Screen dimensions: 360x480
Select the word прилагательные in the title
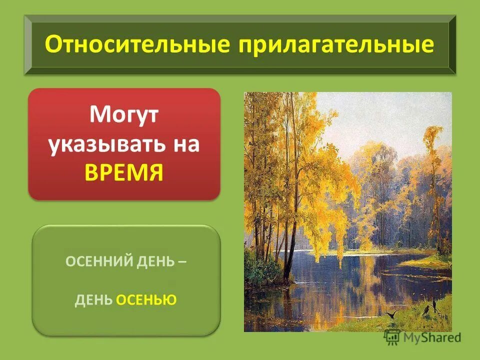pyautogui.click(x=336, y=45)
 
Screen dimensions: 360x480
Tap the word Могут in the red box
pyautogui.click(x=124, y=116)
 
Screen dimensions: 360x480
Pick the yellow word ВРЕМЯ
pyautogui.click(x=124, y=172)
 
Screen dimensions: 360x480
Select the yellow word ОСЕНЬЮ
pyautogui.click(x=146, y=300)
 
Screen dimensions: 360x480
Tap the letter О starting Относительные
pyautogui.click(x=52, y=45)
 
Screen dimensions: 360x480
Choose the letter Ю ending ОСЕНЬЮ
pyautogui.click(x=171, y=300)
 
